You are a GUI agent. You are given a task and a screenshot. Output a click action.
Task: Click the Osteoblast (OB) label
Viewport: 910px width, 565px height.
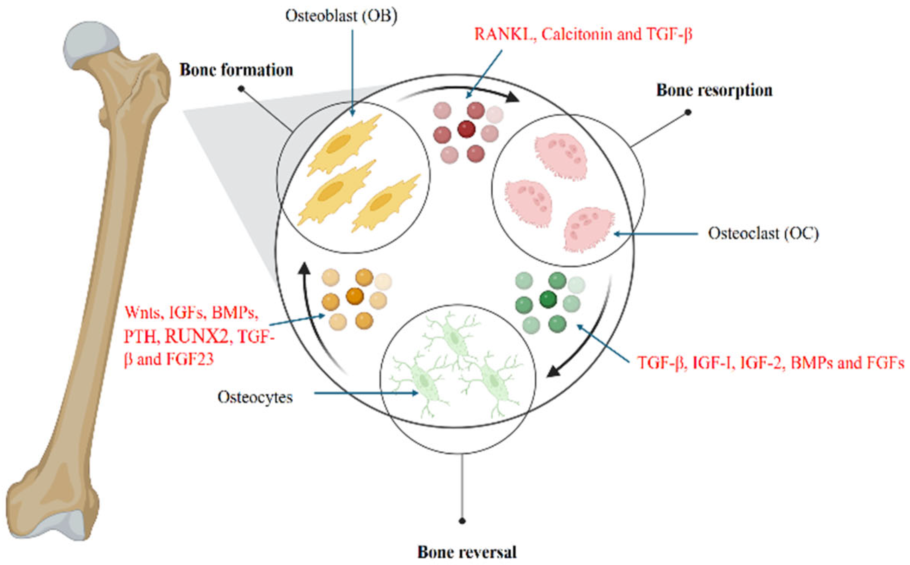(x=341, y=16)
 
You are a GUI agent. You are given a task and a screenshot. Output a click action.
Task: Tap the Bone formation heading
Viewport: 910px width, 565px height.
(x=236, y=70)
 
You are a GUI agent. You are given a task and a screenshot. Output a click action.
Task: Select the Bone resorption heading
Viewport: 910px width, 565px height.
(x=714, y=90)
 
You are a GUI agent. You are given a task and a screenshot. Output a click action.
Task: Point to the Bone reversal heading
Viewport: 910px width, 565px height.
(x=466, y=552)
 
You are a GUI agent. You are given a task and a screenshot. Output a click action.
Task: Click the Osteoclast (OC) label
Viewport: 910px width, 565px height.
(x=763, y=233)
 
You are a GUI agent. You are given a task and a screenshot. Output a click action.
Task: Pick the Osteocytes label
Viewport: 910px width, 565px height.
(x=255, y=397)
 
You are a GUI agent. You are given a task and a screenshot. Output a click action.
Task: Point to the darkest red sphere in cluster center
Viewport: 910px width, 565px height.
(x=466, y=129)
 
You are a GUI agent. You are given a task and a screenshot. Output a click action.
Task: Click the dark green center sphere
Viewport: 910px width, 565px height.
(x=548, y=299)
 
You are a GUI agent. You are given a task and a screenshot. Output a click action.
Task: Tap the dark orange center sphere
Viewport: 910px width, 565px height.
(x=355, y=296)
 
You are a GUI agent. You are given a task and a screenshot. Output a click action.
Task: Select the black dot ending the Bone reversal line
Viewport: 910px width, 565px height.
(x=462, y=521)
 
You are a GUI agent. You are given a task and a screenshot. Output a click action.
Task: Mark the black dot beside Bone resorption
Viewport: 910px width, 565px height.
(x=688, y=112)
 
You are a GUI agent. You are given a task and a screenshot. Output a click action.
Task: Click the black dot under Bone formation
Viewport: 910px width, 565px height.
(x=241, y=88)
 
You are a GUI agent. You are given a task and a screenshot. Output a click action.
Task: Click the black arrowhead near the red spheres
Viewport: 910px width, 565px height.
(x=512, y=97)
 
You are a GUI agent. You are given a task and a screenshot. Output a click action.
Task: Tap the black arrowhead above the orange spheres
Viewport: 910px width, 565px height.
(x=304, y=268)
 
